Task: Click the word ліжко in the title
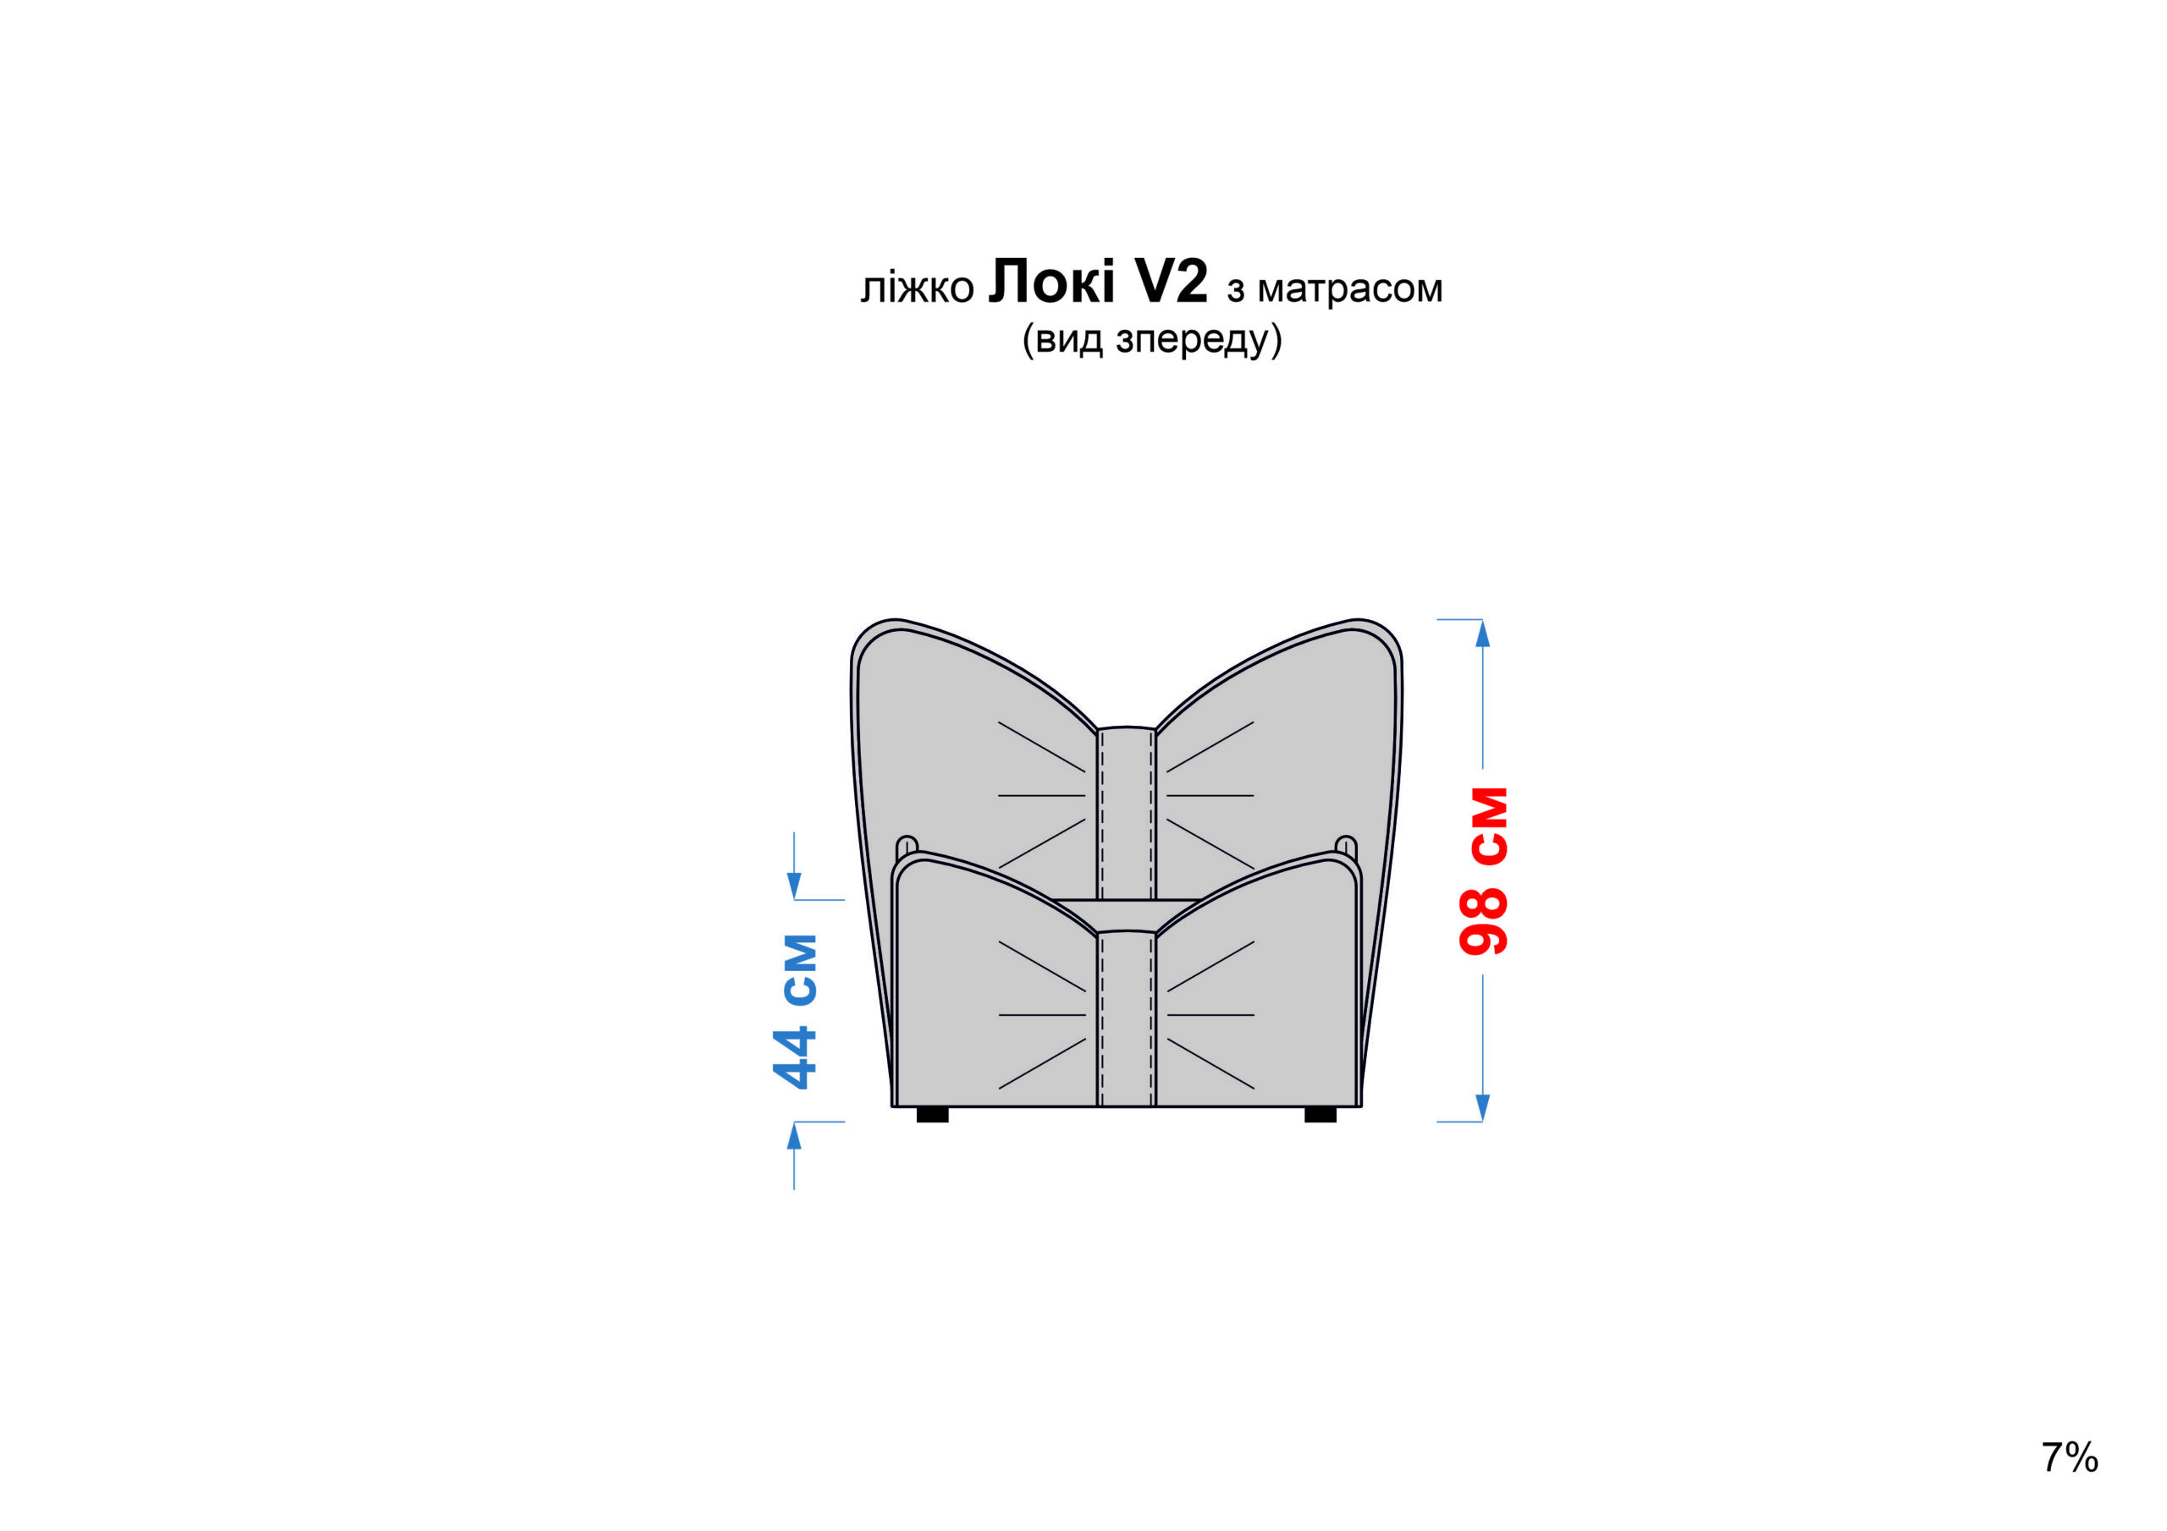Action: coord(917,288)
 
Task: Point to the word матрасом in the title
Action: coord(1349,288)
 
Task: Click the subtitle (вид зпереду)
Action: coord(1151,338)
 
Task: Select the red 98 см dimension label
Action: coord(1484,870)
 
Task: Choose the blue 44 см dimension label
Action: coord(796,1012)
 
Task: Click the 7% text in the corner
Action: coord(2069,1457)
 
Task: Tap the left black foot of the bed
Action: coord(933,1115)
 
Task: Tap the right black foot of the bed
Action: coord(1321,1115)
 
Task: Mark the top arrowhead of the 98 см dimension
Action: coord(1483,634)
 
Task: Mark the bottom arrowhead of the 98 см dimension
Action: coord(1483,1107)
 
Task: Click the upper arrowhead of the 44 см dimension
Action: coord(794,886)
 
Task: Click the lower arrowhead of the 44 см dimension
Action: coord(794,1137)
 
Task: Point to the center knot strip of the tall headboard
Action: coord(1126,811)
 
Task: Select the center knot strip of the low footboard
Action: coord(1126,1018)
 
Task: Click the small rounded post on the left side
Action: coord(907,844)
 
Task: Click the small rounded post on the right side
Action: coord(1346,844)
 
